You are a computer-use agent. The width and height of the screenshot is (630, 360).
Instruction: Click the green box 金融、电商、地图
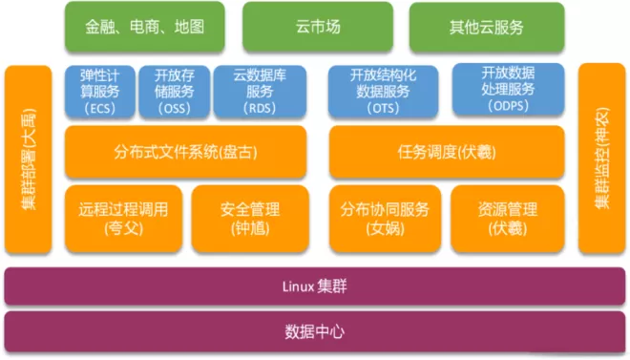(x=145, y=27)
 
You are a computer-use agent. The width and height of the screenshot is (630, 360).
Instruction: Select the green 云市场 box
(x=318, y=27)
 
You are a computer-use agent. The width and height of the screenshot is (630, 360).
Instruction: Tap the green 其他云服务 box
(x=487, y=28)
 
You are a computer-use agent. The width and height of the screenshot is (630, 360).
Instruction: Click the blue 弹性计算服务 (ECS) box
(x=100, y=92)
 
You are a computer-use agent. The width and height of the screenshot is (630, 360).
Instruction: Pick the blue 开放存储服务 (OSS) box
(x=175, y=92)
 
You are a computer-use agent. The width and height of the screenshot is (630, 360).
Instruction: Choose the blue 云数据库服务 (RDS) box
(x=260, y=92)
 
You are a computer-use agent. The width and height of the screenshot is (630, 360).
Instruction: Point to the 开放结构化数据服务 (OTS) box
(x=384, y=92)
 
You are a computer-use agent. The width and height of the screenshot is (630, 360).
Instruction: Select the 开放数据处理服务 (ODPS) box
(x=508, y=89)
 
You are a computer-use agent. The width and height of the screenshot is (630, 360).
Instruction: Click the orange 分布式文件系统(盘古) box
(x=185, y=152)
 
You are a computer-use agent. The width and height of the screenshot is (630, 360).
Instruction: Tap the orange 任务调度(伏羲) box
(x=447, y=152)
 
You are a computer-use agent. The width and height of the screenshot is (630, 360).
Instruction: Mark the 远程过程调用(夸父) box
(x=123, y=219)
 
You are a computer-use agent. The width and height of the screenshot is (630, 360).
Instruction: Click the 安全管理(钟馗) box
(x=250, y=219)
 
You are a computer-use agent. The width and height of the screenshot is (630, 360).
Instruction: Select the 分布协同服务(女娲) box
(x=385, y=219)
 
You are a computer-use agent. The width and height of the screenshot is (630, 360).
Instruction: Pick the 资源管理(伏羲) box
(x=508, y=219)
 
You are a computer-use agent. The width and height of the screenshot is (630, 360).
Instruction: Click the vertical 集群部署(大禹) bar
(x=28, y=159)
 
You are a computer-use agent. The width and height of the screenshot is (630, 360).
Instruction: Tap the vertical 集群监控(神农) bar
(x=602, y=159)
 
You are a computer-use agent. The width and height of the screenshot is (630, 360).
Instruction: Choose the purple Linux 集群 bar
(x=315, y=286)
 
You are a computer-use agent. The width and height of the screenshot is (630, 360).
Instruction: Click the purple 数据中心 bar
(x=315, y=331)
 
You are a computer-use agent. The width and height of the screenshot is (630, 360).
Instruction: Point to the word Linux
(x=298, y=286)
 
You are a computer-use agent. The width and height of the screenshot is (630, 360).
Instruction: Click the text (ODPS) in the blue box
(x=508, y=106)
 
